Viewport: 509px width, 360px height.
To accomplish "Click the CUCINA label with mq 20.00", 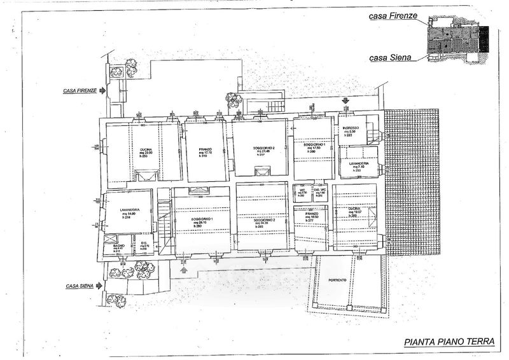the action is (x=146, y=150).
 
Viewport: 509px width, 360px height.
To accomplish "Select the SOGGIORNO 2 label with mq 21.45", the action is (x=258, y=147).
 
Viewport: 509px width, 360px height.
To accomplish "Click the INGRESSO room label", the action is (x=350, y=128).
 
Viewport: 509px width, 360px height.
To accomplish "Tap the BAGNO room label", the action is (x=118, y=245).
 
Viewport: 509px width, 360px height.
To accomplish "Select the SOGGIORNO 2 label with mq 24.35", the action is (x=263, y=219).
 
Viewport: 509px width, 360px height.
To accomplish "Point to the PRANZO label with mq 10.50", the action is (x=311, y=214).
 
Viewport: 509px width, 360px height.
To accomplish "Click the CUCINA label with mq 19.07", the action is (x=354, y=209).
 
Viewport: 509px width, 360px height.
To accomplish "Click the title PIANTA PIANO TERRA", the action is (x=449, y=342).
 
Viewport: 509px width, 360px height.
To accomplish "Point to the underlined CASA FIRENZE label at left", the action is (x=80, y=91).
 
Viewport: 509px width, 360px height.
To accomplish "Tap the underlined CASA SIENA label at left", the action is (x=80, y=287).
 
